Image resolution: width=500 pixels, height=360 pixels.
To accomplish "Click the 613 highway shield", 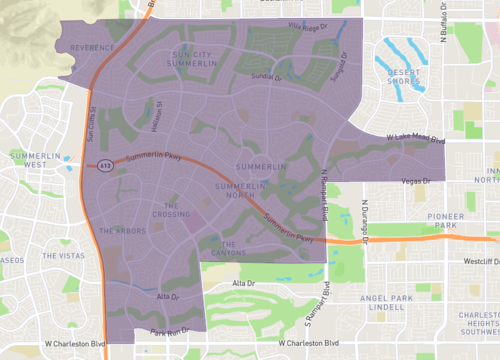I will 104,166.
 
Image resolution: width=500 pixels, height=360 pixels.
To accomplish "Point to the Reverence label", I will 92,46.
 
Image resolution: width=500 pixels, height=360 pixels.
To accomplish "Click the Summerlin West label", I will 36,162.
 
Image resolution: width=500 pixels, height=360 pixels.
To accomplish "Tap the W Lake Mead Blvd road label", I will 414,139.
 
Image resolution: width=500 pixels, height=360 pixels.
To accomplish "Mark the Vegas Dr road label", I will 413,181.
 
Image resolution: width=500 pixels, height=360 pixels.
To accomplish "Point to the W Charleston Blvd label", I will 75,344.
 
